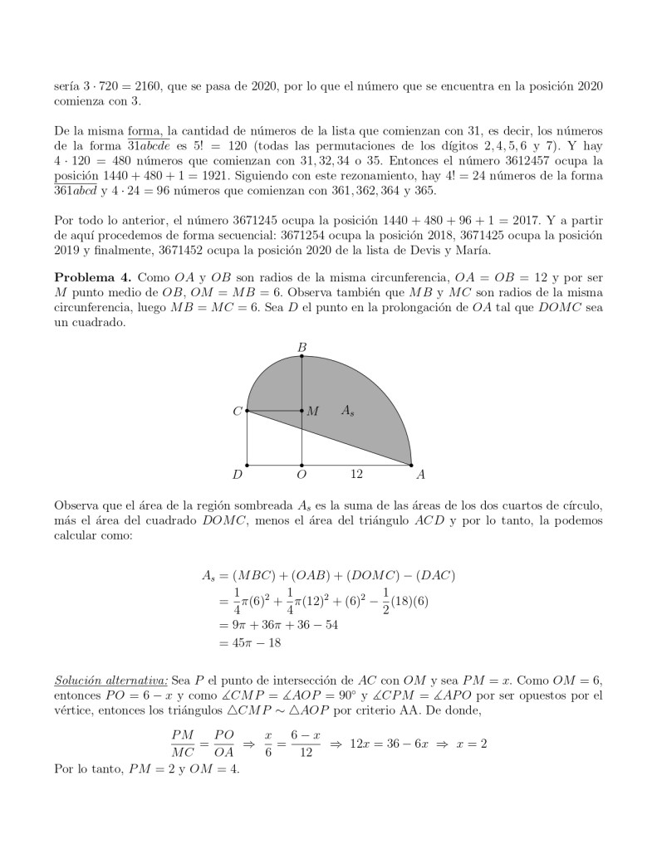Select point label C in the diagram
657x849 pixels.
click(238, 411)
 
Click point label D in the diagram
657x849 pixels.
click(238, 476)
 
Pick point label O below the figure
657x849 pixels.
click(302, 476)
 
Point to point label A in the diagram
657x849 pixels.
click(420, 476)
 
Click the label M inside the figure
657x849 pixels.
click(312, 411)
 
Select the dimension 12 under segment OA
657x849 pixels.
click(356, 475)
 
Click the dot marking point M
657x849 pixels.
click(302, 411)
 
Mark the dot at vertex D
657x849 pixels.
click(248, 465)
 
